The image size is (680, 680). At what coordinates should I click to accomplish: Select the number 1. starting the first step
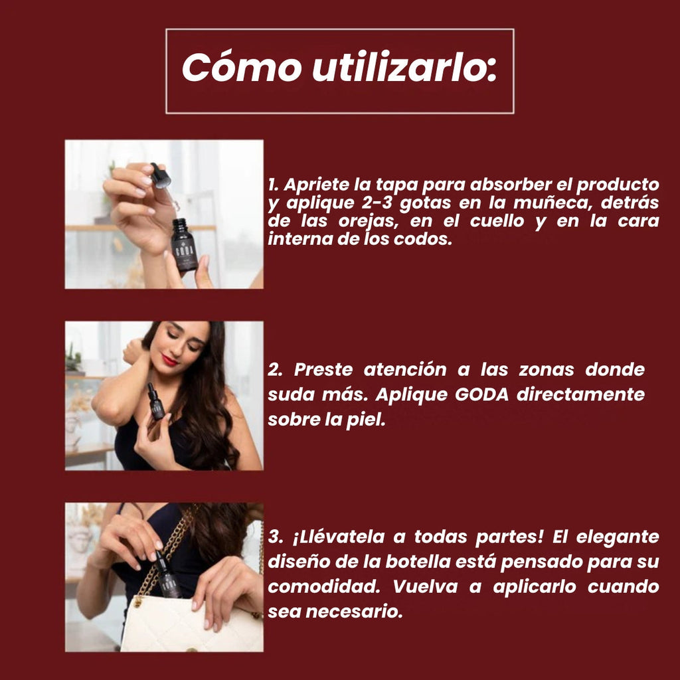(x=273, y=185)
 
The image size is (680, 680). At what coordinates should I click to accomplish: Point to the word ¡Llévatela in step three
(x=339, y=537)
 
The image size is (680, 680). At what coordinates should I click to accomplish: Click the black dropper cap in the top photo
(x=161, y=175)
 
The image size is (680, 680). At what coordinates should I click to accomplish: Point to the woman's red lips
(x=169, y=359)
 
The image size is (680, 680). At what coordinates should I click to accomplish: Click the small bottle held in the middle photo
(x=155, y=402)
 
